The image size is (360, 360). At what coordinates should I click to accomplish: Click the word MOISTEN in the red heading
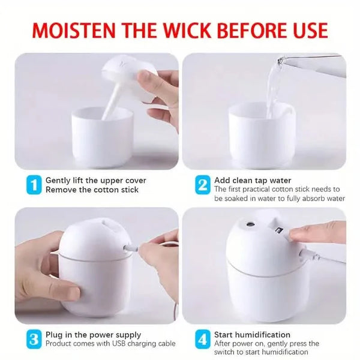(x=73, y=30)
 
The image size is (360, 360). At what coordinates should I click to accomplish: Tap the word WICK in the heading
(x=185, y=30)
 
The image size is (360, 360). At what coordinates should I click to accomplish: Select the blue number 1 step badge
(x=34, y=185)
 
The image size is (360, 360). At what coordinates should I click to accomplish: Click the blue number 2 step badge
(x=203, y=185)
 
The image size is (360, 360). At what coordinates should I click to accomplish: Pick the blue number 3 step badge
(x=34, y=340)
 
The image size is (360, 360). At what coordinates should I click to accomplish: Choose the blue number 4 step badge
(x=203, y=340)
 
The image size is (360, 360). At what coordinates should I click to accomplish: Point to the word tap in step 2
(x=261, y=181)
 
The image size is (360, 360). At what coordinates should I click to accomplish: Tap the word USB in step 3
(x=119, y=344)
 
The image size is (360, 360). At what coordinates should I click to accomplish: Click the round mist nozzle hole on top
(x=250, y=223)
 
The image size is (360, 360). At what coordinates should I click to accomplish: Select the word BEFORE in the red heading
(x=249, y=30)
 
